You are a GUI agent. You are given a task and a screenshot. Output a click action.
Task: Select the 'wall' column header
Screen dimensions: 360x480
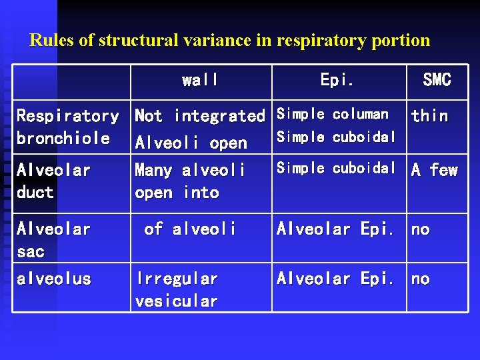point(200,81)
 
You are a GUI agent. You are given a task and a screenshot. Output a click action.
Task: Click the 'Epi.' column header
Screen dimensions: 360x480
point(337,81)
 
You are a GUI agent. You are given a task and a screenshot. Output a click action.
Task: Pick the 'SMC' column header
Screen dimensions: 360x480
point(437,81)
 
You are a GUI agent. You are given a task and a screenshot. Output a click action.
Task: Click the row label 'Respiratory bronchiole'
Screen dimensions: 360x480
point(67,127)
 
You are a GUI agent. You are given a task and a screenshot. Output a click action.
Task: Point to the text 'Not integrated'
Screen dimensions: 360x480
point(200,116)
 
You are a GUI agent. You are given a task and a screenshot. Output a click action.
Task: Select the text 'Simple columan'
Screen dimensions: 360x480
point(333,114)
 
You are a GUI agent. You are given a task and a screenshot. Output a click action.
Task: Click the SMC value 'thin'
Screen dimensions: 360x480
point(429,116)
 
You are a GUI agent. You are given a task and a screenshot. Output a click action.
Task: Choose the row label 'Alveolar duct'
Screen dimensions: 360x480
point(53,181)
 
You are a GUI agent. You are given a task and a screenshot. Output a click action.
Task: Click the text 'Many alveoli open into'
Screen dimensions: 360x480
point(190,181)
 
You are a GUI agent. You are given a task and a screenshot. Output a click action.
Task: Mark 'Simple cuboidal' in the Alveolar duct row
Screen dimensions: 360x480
point(337,168)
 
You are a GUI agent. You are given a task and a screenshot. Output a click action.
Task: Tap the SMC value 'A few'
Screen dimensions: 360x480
point(434,171)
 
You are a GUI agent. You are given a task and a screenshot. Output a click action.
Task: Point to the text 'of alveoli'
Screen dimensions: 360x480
point(190,229)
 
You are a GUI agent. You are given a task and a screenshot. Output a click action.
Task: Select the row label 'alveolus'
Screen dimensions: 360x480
point(53,279)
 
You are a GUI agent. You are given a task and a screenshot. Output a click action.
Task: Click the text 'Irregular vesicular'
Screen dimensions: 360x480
point(177,290)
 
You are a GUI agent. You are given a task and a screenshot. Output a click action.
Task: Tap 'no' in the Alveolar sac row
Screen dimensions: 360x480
point(420,230)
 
